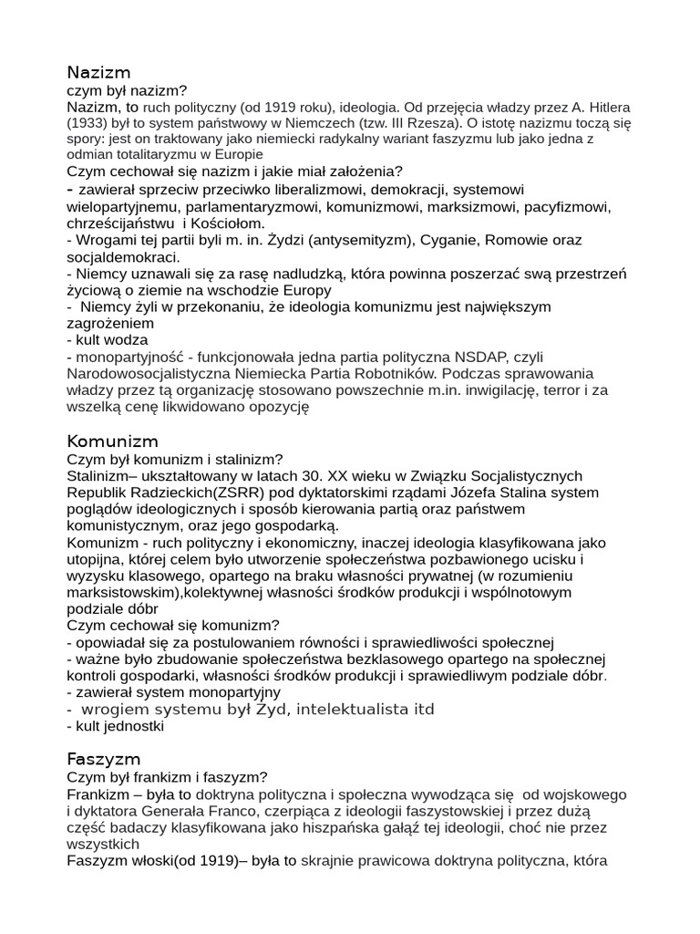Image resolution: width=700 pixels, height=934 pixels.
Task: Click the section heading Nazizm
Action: coord(98,72)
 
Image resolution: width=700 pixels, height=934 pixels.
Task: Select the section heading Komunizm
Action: coord(112,441)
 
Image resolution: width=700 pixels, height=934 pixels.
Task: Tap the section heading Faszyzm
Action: coord(104,759)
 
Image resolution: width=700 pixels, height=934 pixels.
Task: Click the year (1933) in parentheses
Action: coord(87,123)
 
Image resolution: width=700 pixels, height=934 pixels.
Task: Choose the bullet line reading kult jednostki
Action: coord(118,727)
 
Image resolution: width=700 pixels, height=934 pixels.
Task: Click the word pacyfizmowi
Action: coord(567,207)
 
